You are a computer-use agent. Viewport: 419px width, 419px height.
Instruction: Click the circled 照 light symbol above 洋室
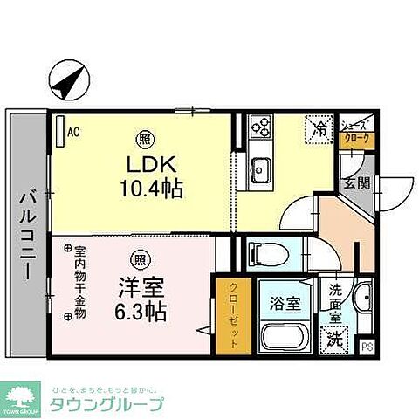(x=140, y=258)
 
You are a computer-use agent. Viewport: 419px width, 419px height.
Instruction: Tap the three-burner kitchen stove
(x=260, y=128)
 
